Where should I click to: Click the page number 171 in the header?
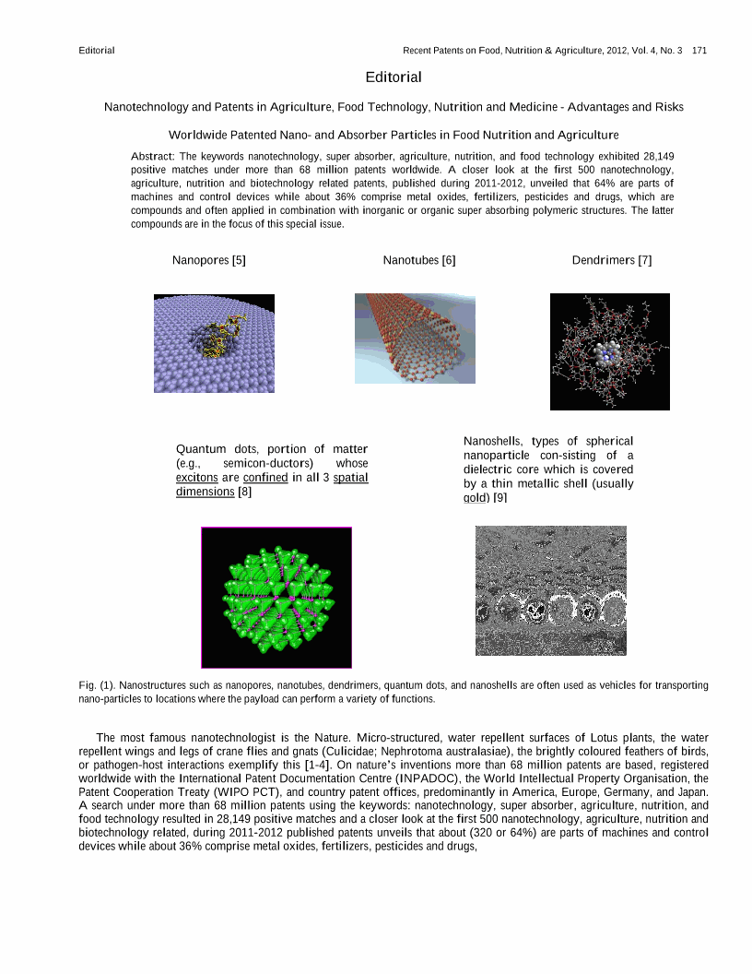point(699,50)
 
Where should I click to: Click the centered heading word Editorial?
point(394,77)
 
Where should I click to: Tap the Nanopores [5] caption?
point(209,260)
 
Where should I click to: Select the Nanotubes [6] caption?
point(419,260)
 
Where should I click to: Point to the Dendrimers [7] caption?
point(612,260)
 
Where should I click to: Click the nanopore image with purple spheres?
point(214,343)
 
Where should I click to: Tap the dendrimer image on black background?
point(610,351)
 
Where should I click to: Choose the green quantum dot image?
point(276,597)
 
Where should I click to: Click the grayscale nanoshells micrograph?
point(550,590)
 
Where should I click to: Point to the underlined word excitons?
point(196,478)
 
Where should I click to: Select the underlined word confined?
point(265,478)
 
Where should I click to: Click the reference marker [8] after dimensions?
point(244,492)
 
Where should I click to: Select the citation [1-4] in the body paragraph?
point(441,766)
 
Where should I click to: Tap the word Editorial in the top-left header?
point(97,50)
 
